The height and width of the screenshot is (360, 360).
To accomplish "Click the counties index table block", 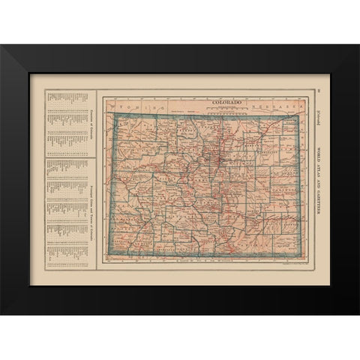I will coord(63,124).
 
